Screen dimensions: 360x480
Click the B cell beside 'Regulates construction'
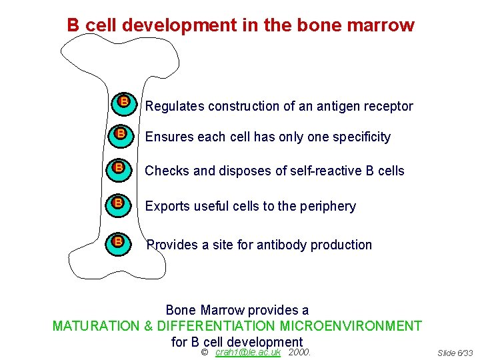point(123,102)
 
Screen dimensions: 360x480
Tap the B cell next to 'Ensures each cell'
point(120,134)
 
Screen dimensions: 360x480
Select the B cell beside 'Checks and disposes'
point(119,168)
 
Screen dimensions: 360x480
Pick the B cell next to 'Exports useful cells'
point(118,203)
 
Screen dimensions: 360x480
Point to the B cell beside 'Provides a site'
point(118,241)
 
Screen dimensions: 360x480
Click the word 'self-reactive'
point(326,171)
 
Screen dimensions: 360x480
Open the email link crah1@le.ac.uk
point(248,352)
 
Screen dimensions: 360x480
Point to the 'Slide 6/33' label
point(455,353)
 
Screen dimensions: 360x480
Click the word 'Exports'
point(167,207)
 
